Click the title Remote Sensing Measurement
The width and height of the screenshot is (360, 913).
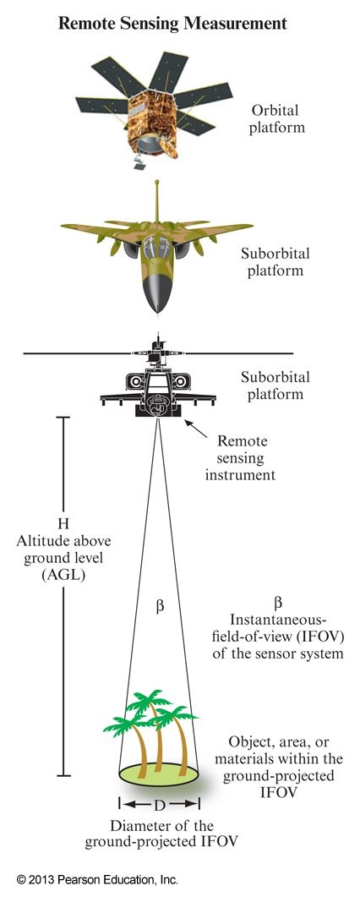tap(172, 25)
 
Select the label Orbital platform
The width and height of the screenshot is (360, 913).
tap(277, 119)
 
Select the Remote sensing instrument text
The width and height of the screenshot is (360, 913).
tap(246, 458)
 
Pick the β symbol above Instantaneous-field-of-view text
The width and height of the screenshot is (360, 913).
tap(277, 603)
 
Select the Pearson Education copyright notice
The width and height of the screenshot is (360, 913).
tap(98, 880)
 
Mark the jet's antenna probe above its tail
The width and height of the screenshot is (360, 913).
tap(158, 199)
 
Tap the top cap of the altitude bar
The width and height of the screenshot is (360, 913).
tap(63, 417)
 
